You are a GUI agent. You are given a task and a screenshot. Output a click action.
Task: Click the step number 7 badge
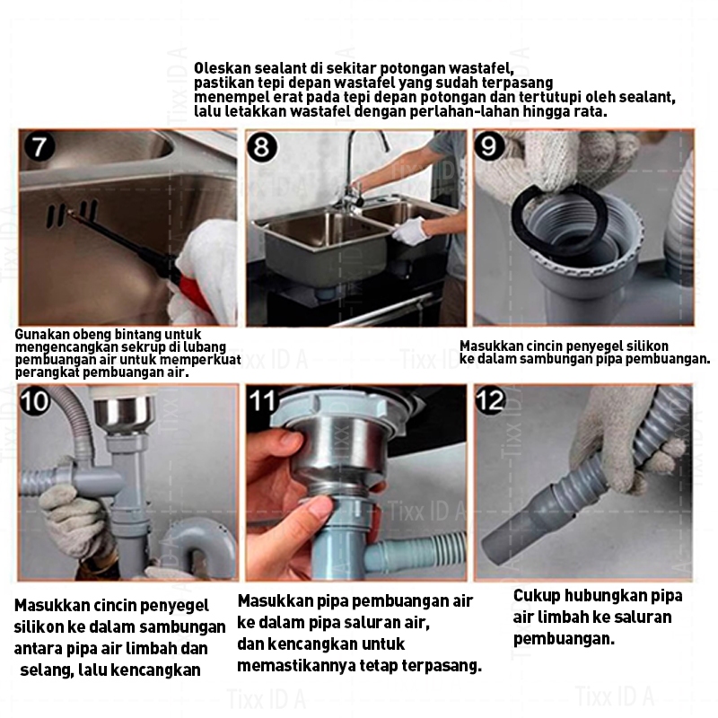39,146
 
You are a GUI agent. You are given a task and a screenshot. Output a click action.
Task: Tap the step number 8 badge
261,147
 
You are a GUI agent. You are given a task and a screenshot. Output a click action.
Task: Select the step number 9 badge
489,145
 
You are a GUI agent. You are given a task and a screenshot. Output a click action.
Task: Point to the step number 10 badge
35,401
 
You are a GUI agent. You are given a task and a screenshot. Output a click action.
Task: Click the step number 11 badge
263,401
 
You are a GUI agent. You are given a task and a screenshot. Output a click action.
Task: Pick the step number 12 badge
490,400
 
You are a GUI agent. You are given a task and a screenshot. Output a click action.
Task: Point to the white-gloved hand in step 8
409,231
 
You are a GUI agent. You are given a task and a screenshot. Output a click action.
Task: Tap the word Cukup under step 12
536,596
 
